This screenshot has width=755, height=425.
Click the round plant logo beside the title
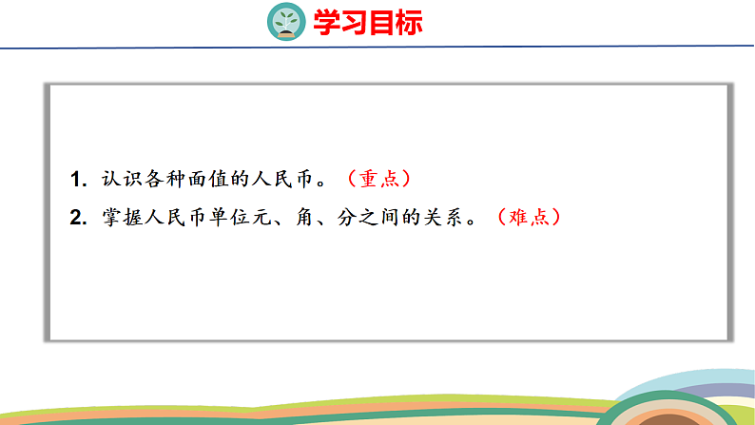click(x=284, y=20)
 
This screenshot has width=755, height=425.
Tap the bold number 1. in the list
click(x=78, y=179)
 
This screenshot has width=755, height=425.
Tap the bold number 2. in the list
click(x=78, y=218)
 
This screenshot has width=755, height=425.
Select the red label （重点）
click(x=378, y=178)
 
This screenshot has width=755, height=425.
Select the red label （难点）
click(x=529, y=217)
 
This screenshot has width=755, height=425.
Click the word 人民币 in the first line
click(x=289, y=179)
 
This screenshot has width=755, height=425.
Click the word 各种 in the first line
click(x=165, y=179)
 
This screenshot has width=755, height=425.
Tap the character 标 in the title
click(x=410, y=21)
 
